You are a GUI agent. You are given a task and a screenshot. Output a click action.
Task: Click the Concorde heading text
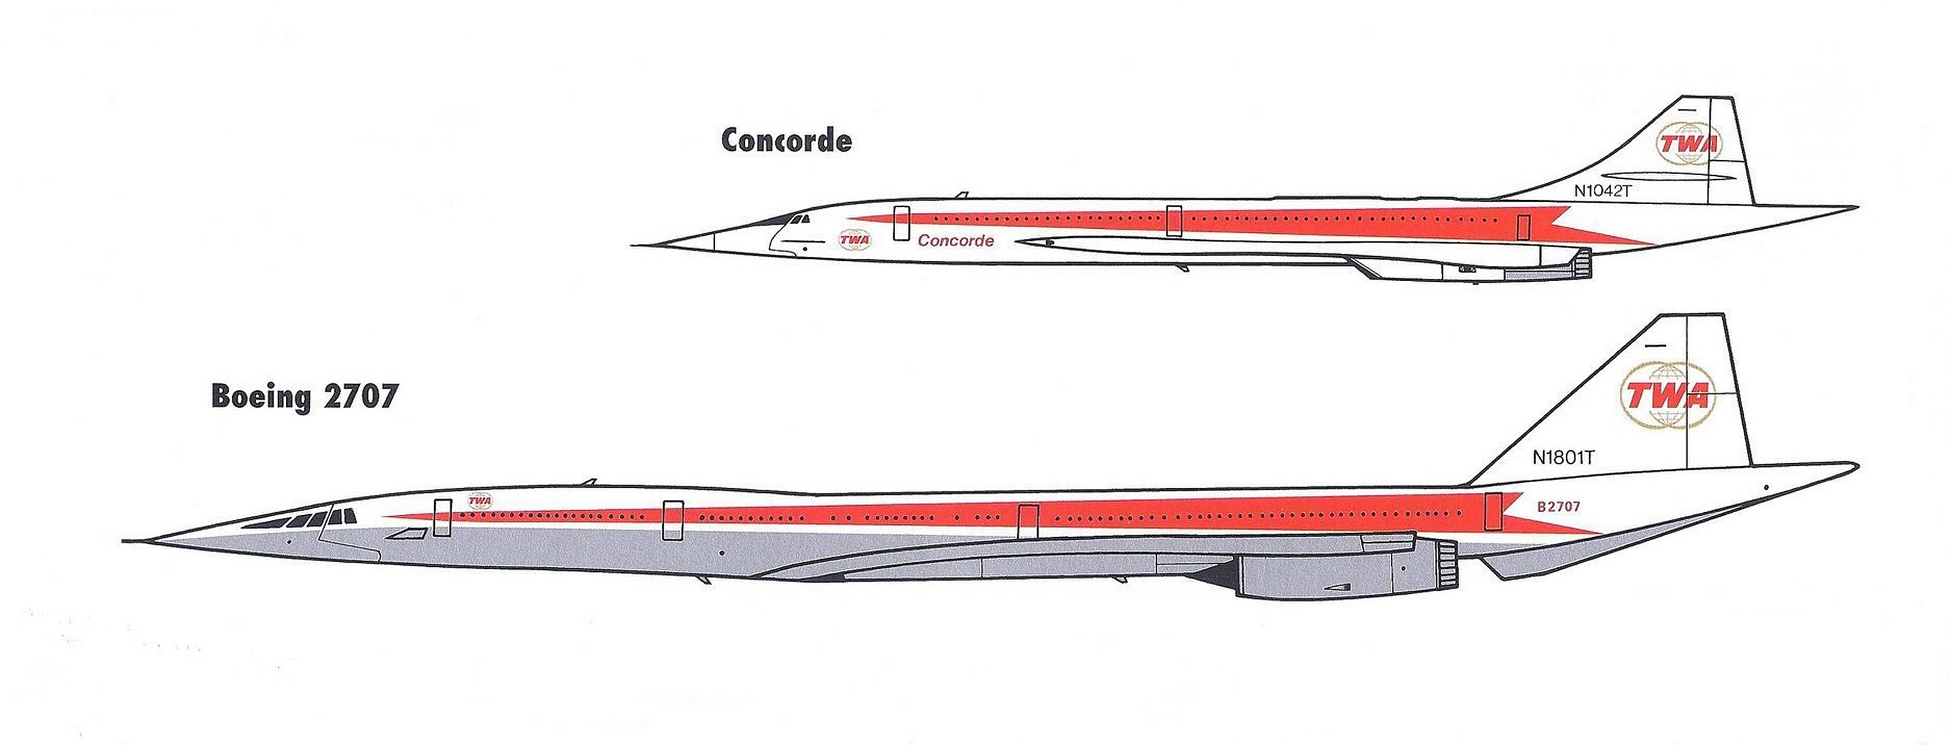pyautogui.click(x=786, y=140)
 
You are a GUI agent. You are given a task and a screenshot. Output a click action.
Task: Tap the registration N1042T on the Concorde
pyautogui.click(x=1602, y=191)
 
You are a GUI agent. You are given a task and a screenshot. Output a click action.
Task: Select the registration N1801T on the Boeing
pyautogui.click(x=1564, y=457)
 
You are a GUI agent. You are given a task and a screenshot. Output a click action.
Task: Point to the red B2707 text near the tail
pyautogui.click(x=1559, y=506)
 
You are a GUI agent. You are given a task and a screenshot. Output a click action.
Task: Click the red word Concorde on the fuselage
pyautogui.click(x=956, y=241)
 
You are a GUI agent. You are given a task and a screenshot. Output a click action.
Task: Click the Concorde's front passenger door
pyautogui.click(x=900, y=223)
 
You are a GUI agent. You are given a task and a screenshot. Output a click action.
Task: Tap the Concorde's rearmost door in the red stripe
pyautogui.click(x=1523, y=226)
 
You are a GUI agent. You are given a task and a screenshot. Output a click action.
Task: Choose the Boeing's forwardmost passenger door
pyautogui.click(x=442, y=518)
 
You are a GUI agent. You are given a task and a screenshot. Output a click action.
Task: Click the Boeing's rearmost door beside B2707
pyautogui.click(x=1494, y=510)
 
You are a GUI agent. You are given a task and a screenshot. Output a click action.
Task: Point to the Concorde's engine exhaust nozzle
pyautogui.click(x=1581, y=264)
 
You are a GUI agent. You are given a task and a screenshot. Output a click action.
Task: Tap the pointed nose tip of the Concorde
pyautogui.click(x=633, y=244)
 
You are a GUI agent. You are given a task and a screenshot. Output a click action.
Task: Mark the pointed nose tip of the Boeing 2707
pyautogui.click(x=126, y=541)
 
